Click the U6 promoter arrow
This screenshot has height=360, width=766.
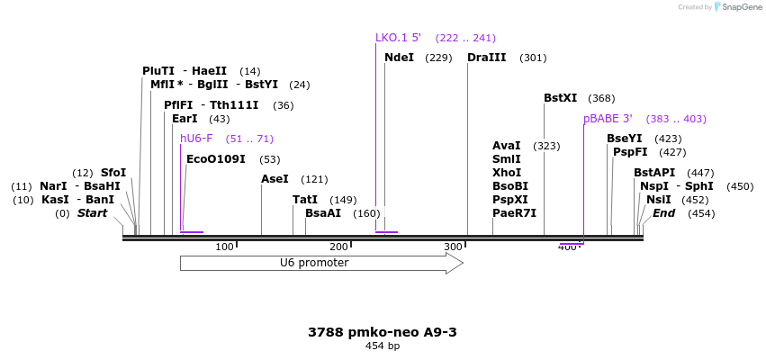click(x=321, y=263)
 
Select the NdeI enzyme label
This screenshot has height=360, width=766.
click(x=399, y=58)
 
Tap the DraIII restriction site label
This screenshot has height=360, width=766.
click(x=486, y=58)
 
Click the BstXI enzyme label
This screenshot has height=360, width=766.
click(x=560, y=98)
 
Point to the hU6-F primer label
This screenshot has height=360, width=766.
click(x=196, y=139)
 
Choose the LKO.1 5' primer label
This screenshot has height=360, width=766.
click(x=398, y=38)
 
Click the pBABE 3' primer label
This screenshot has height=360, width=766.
click(x=608, y=119)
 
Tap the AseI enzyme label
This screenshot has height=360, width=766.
click(x=275, y=179)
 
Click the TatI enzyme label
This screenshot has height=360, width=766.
click(x=305, y=200)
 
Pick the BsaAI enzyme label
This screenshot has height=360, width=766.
click(x=323, y=213)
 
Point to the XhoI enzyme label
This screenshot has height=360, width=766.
click(x=507, y=173)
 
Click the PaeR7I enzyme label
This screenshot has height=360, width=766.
click(x=514, y=213)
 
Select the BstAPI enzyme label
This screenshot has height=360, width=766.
click(x=653, y=173)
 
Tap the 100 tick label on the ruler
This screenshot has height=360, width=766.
click(x=224, y=247)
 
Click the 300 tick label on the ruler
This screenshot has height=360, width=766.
click(x=453, y=247)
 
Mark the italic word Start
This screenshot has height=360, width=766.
click(x=92, y=213)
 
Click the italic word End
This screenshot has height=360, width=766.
click(x=663, y=213)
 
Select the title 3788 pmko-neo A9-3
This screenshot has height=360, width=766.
click(x=383, y=332)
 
